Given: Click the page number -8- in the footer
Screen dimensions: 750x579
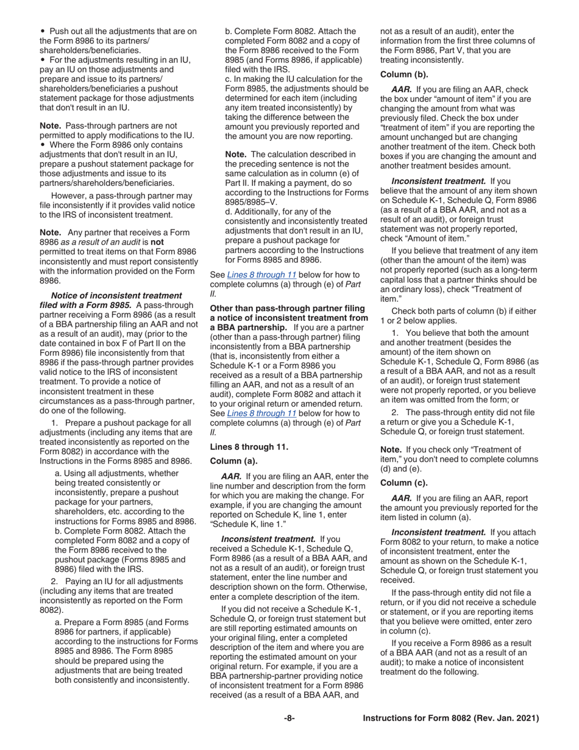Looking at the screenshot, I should (289, 719).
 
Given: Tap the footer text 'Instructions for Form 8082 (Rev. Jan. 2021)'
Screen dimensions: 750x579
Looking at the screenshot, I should (450, 719).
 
